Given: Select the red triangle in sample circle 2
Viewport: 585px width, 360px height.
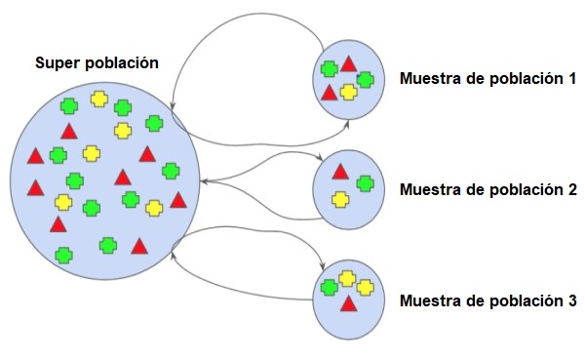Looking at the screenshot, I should click(x=340, y=172).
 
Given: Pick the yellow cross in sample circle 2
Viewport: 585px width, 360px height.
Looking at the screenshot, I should click(x=340, y=199).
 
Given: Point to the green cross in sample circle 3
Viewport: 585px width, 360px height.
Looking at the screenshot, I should click(x=330, y=287).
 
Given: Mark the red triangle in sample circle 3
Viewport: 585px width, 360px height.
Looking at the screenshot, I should click(x=348, y=304).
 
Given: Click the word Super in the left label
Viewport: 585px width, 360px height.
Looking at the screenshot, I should click(x=56, y=63).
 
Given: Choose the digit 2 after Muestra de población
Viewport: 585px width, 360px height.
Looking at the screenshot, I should click(x=571, y=189).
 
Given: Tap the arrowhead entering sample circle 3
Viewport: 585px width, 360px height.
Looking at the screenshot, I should click(x=324, y=269).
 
